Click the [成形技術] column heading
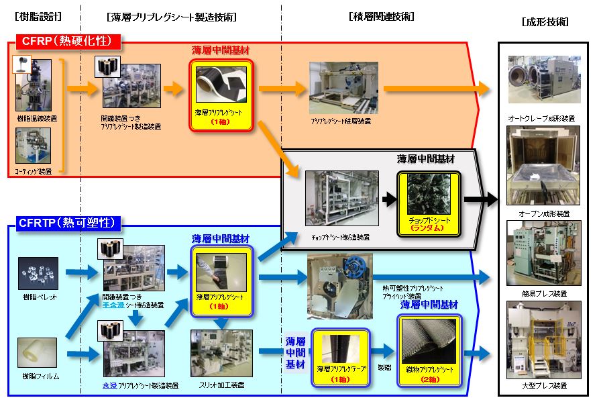pos(545,22)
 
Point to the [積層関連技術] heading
pos(382,16)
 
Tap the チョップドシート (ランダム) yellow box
pos(428,201)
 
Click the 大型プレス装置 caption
pos(544,386)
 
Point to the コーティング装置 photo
pos(34,147)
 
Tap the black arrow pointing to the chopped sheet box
pos(388,199)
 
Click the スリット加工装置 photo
pos(221,352)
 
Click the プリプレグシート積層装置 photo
pos(343,88)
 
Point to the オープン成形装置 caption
pos(544,213)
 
